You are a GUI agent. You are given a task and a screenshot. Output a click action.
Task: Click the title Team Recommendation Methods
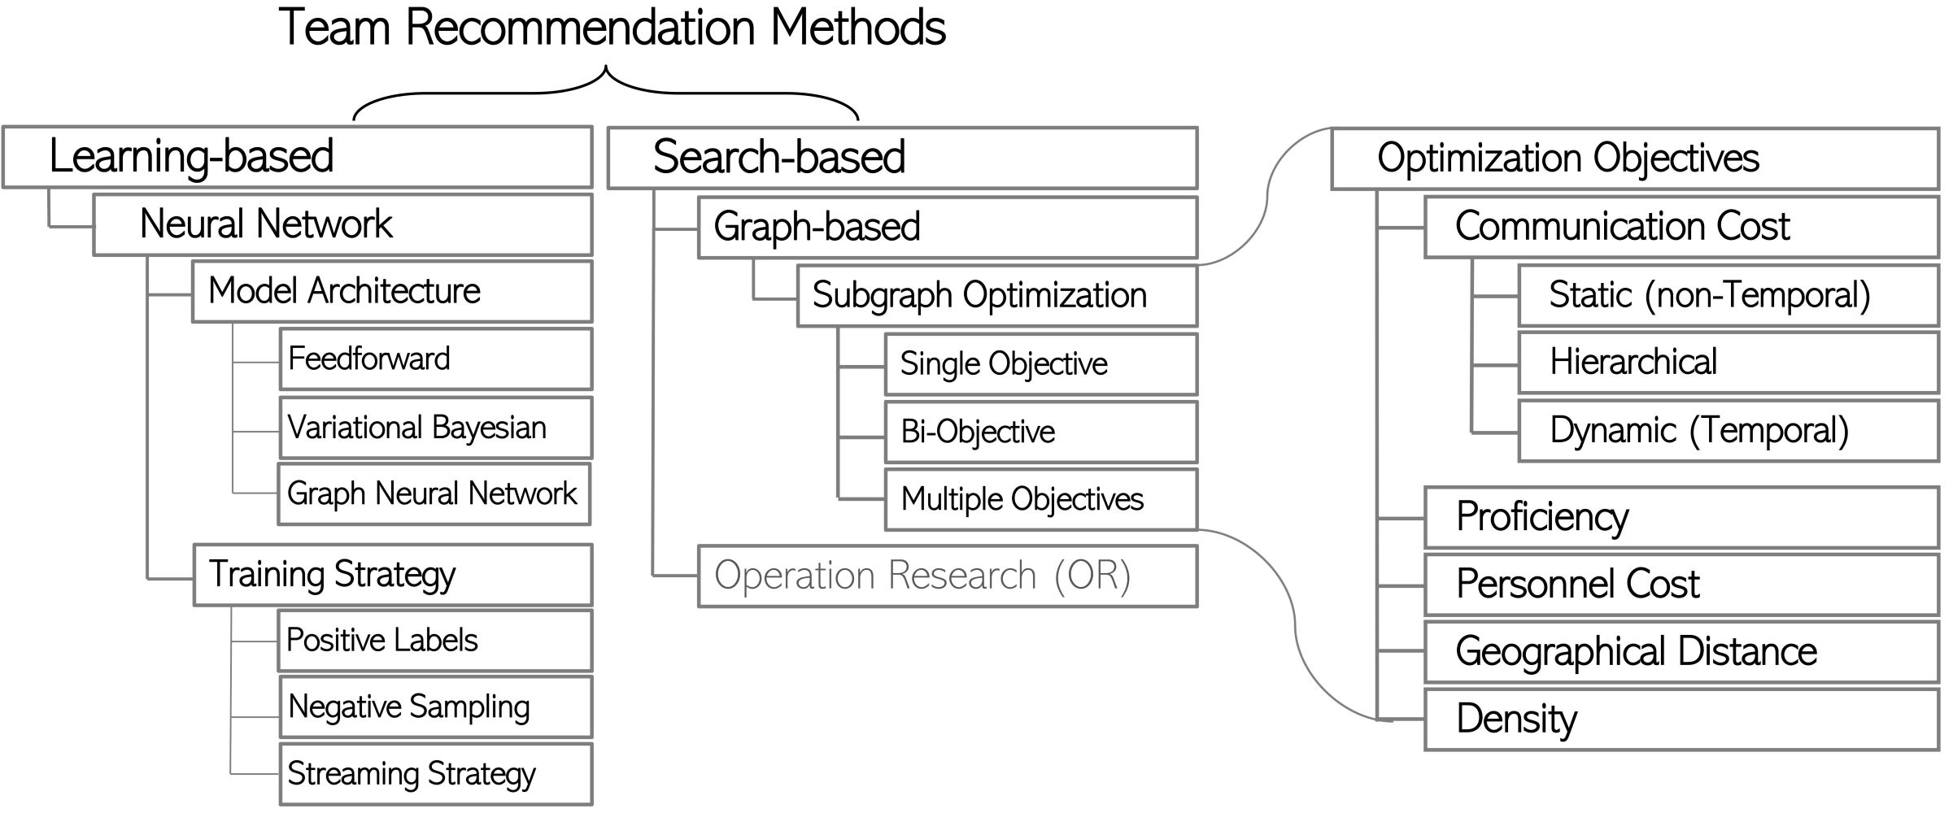(612, 28)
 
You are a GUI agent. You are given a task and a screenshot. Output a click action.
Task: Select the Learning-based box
(297, 157)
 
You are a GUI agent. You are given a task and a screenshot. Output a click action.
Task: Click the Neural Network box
(342, 224)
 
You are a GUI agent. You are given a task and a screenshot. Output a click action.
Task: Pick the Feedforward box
(435, 359)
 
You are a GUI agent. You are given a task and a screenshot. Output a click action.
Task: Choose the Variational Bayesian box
(435, 428)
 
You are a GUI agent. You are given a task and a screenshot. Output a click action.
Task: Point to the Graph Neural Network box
(434, 494)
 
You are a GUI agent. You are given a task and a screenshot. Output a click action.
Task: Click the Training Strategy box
(392, 575)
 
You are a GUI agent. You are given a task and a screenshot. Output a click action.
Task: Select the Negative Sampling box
(435, 707)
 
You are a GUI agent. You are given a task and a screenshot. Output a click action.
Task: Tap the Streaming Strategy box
(435, 774)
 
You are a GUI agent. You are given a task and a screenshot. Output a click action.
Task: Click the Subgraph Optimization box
(996, 296)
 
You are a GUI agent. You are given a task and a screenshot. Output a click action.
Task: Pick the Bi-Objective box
(1040, 432)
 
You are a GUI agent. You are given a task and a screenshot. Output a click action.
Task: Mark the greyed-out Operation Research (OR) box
(947, 576)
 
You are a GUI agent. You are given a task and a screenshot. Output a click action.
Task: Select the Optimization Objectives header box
(1634, 159)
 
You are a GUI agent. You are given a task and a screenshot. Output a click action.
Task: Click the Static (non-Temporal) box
(1728, 295)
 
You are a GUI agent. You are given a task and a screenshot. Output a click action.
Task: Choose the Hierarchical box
(1728, 363)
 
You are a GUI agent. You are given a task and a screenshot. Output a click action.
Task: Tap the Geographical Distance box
(1681, 652)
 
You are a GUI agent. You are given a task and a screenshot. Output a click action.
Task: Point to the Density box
(1681, 720)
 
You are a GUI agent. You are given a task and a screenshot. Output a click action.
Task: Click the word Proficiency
(1542, 517)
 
